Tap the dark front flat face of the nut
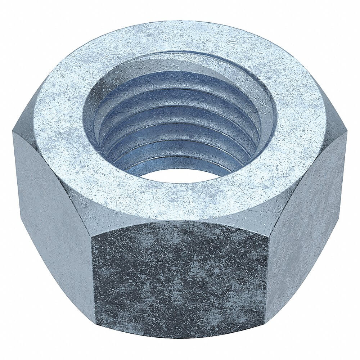point(180,277)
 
